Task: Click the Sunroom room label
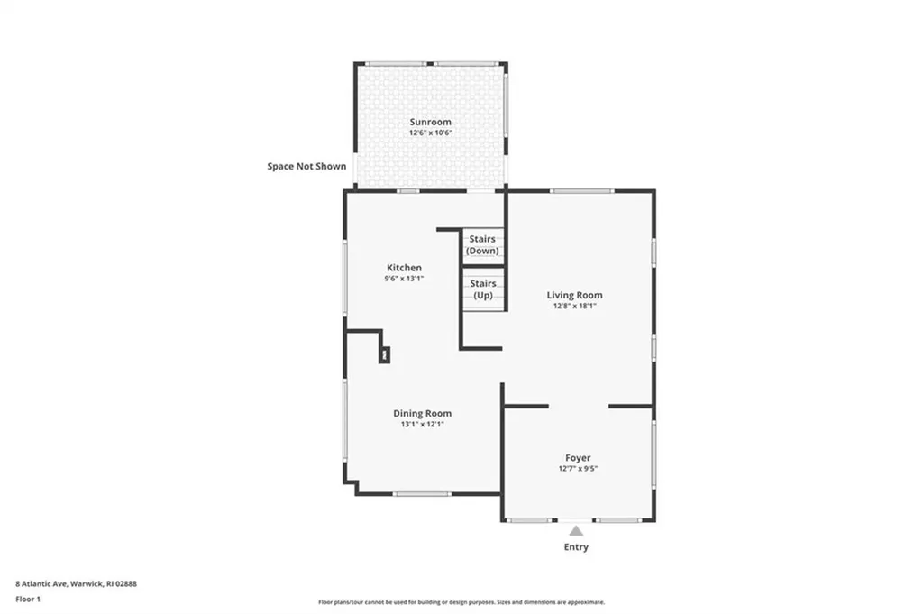(430, 122)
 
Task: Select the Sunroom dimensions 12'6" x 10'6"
(430, 133)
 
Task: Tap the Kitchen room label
(404, 268)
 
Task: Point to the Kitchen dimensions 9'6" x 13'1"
(404, 279)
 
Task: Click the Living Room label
(574, 295)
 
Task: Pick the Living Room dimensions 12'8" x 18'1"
(574, 306)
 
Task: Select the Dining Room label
(422, 413)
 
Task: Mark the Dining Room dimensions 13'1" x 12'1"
(422, 424)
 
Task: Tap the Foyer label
(578, 458)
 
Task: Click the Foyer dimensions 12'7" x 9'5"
(578, 469)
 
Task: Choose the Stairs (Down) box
(482, 245)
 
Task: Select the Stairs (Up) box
(482, 289)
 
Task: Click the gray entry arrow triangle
(576, 531)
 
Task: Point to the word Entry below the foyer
(576, 547)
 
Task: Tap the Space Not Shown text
(306, 166)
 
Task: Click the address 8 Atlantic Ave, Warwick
(76, 583)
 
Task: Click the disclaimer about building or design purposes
(461, 602)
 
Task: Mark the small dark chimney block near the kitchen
(385, 355)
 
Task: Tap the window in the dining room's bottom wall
(422, 493)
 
